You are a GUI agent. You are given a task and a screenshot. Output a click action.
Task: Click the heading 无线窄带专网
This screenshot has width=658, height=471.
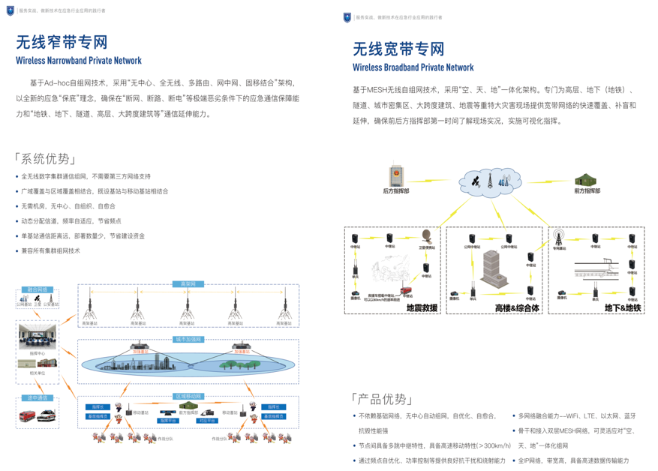tap(62, 42)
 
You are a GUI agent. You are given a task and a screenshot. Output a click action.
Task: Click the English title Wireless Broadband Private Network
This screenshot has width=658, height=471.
tap(413, 67)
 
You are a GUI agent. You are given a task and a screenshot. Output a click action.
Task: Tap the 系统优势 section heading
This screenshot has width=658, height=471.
tap(45, 158)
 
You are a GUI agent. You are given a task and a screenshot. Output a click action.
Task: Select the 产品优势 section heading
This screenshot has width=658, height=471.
tap(381, 398)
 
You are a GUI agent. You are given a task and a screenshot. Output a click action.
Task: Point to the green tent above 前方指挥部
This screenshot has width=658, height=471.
tap(586, 180)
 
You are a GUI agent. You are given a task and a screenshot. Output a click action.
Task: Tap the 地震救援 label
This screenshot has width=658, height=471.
tap(421, 307)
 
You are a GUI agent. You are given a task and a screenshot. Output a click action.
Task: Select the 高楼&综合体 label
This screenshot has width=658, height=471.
tap(517, 307)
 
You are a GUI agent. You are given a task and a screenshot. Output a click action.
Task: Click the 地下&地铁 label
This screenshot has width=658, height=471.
tap(623, 307)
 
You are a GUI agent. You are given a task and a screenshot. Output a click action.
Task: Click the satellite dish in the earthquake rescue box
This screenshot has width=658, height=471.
tap(427, 236)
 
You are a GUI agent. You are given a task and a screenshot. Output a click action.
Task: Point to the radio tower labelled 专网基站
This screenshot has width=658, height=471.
tap(558, 238)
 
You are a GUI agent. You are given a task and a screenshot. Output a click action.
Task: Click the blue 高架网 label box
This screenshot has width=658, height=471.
tap(188, 284)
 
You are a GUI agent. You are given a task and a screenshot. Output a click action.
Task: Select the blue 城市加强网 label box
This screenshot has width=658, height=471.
tap(188, 339)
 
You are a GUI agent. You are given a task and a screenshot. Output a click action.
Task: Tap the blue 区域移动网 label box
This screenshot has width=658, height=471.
tap(188, 395)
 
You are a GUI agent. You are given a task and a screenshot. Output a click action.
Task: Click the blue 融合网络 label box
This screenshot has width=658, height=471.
tap(38, 289)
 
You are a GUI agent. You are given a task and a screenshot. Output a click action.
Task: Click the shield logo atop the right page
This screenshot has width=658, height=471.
tap(347, 17)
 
